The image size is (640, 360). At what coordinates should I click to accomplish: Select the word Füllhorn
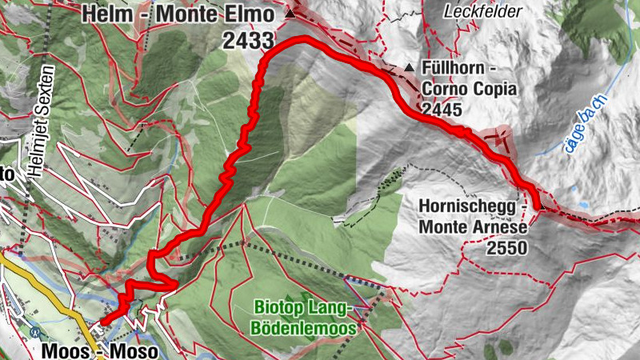pyautogui.click(x=454, y=70)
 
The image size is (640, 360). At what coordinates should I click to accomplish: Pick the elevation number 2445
pyautogui.click(x=446, y=110)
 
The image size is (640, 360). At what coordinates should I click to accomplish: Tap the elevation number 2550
pyautogui.click(x=506, y=248)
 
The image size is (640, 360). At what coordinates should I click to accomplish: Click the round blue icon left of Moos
pyautogui.click(x=34, y=331)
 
